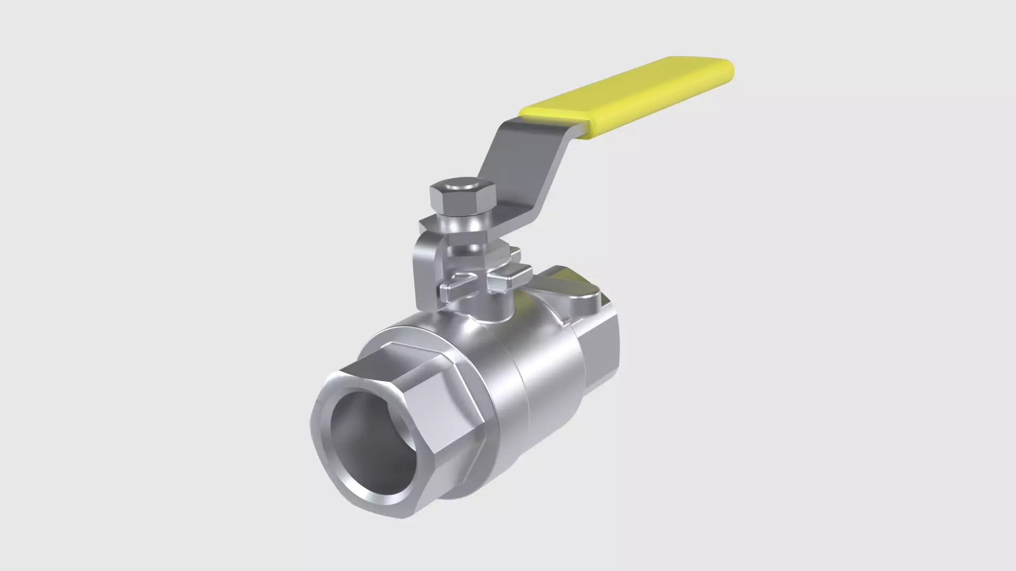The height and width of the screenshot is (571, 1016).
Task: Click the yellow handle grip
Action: point(630,98)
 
